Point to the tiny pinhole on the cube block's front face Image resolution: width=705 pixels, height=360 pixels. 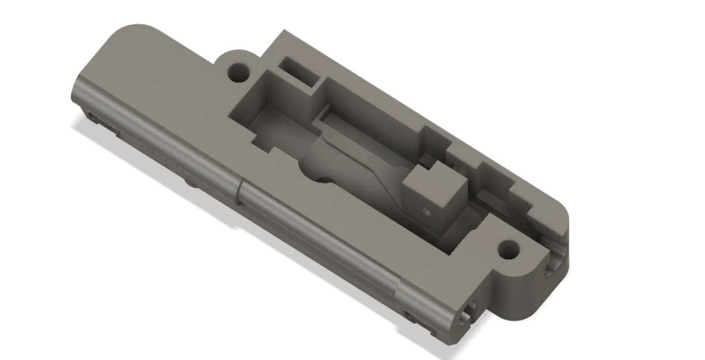(426, 211)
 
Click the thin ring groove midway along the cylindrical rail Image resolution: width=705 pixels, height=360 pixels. (237, 193)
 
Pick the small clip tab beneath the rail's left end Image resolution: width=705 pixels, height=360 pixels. (95, 119)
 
